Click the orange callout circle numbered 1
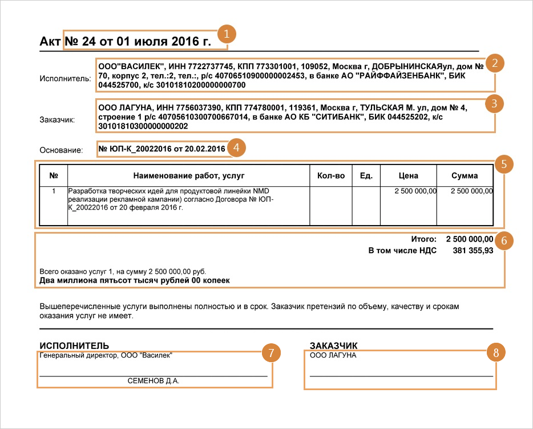(x=227, y=34)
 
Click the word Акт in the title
(x=51, y=42)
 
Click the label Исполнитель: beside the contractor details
(x=65, y=78)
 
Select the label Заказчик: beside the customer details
(x=59, y=119)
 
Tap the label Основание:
(x=61, y=150)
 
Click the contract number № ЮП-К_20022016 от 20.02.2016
(x=162, y=149)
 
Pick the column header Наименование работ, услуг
(x=189, y=175)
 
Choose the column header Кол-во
(x=331, y=175)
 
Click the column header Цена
(x=409, y=175)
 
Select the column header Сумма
(x=465, y=175)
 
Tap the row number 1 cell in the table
(x=54, y=191)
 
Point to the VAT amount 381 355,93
(x=473, y=250)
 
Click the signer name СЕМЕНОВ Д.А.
(x=154, y=380)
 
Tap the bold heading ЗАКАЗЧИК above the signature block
(x=333, y=345)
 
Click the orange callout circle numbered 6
(x=503, y=240)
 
